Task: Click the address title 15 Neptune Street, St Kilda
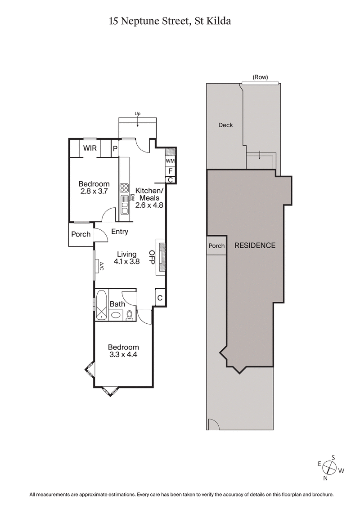click(x=170, y=21)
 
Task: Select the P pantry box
click(x=115, y=148)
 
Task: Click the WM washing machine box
click(x=170, y=161)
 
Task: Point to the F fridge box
click(x=170, y=171)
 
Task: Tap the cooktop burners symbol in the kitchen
click(x=124, y=188)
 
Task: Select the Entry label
click(x=119, y=232)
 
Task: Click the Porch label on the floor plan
click(x=81, y=234)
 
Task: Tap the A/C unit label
click(x=102, y=266)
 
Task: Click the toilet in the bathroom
click(x=130, y=315)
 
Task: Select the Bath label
click(x=117, y=304)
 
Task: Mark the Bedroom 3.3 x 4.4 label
click(x=123, y=351)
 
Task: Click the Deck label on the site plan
click(x=225, y=125)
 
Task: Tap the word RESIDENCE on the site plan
click(x=255, y=246)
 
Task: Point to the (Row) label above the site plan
click(x=260, y=77)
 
